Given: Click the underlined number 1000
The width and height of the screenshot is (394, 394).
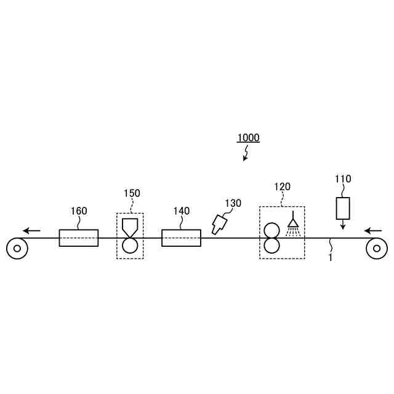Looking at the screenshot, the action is point(248,138).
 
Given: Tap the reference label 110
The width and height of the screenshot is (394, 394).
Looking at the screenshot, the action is point(343,179).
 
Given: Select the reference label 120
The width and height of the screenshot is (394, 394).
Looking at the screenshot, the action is point(282,187).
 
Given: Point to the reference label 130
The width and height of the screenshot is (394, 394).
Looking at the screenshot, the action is point(233,203).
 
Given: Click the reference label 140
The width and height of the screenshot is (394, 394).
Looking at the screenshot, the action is point(182,211).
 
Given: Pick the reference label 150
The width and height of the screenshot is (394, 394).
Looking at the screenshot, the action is point(132,193).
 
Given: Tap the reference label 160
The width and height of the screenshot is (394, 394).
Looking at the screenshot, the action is point(79,211).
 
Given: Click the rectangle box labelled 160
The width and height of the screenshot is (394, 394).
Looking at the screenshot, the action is point(79,238).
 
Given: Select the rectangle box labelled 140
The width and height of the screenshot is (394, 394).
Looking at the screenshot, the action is point(181,238).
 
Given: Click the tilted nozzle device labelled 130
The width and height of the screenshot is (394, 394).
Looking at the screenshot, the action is point(219,224).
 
